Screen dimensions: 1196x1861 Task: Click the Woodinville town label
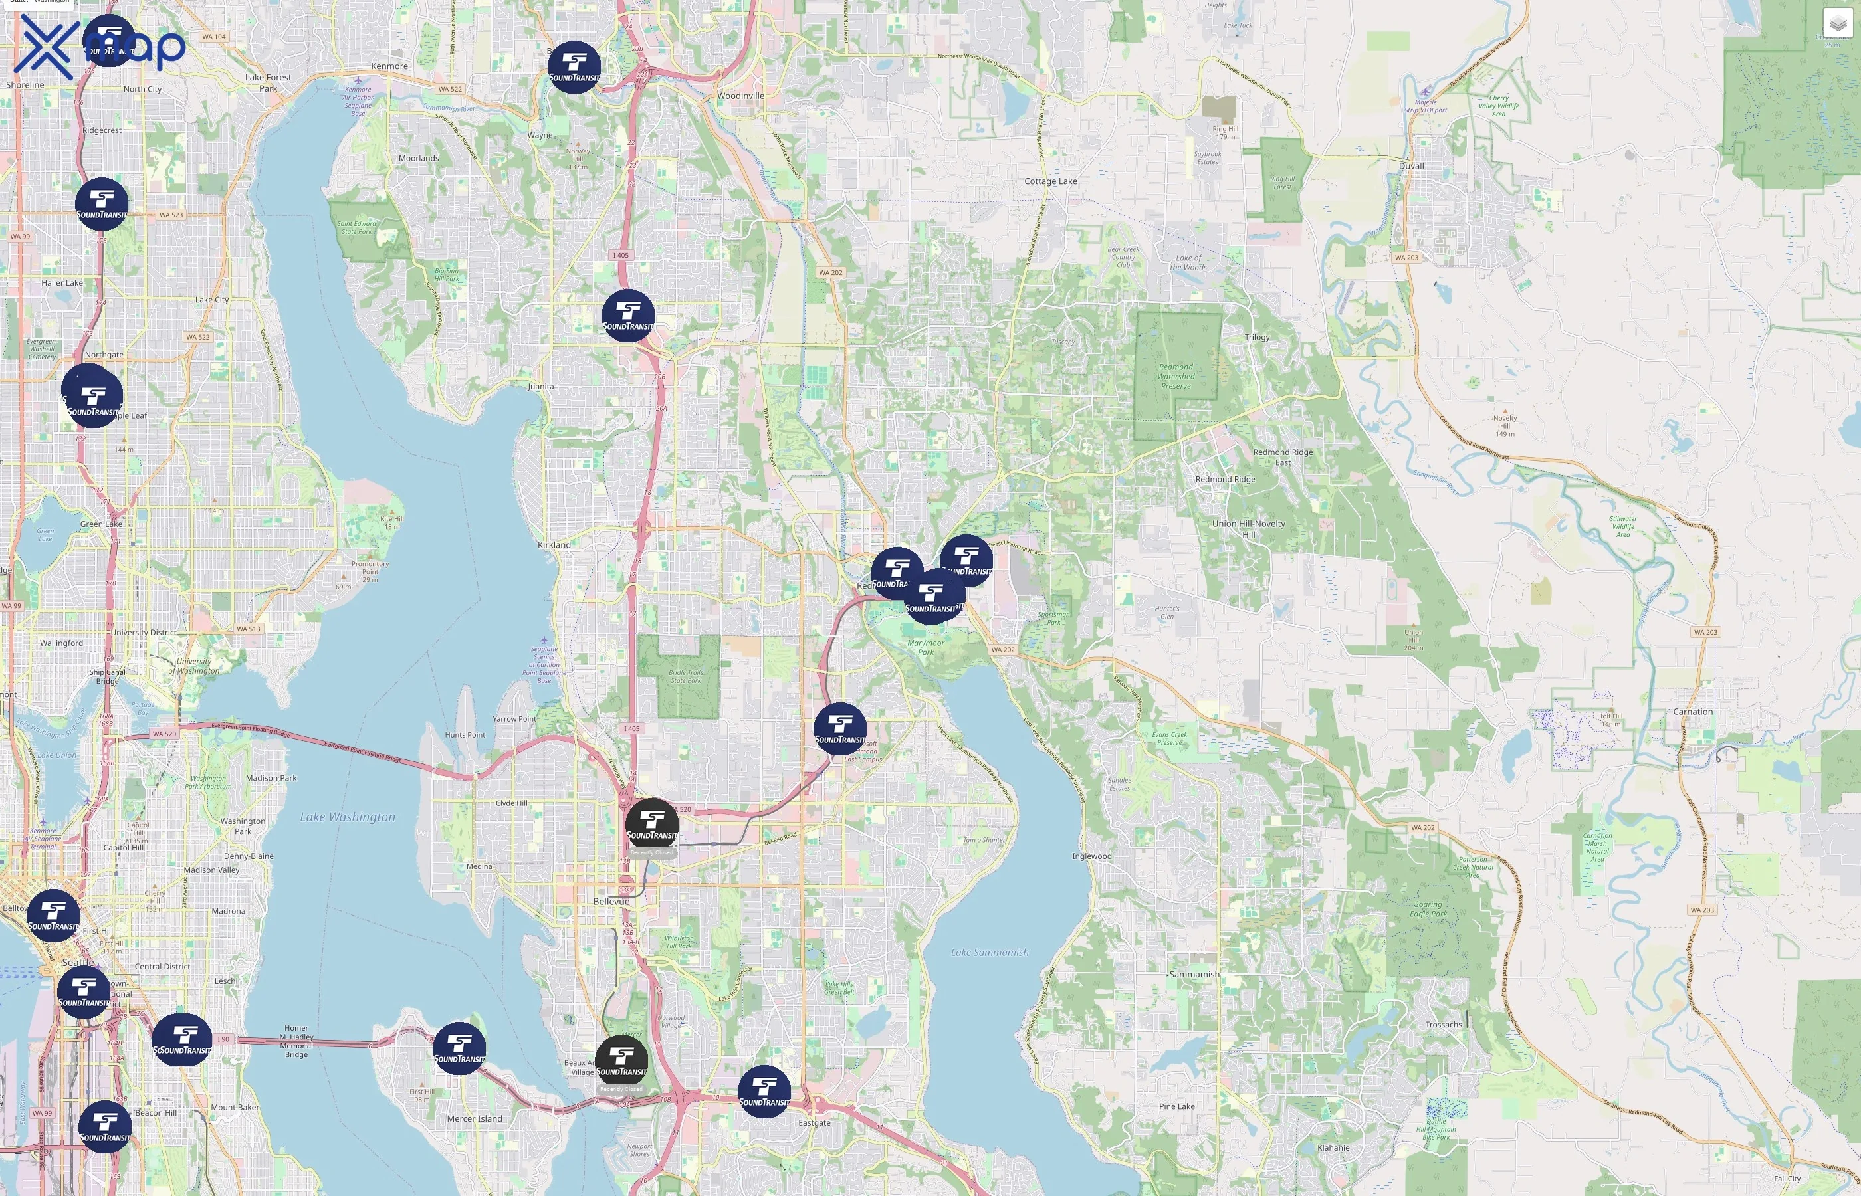coord(740,96)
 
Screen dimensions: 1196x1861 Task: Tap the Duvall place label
coord(1410,166)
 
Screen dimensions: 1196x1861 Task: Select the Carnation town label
coord(1692,712)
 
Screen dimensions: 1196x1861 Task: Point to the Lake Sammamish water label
coord(989,952)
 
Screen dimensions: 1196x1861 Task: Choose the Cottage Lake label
coord(1050,181)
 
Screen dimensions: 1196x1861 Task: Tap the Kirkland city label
coord(554,544)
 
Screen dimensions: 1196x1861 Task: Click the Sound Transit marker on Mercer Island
coord(459,1048)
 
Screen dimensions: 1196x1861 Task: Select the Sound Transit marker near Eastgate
coord(764,1092)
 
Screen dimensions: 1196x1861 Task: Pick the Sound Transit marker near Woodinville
coord(574,68)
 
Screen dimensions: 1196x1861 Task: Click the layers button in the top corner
coord(1837,23)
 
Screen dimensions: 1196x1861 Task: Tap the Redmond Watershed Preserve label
coord(1175,376)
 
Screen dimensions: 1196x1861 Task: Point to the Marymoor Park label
coord(925,647)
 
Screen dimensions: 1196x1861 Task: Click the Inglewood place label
coord(1091,856)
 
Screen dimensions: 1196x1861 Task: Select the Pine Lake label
coord(1176,1106)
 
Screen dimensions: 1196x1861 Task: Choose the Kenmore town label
coord(389,66)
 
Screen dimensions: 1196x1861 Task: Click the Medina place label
coord(479,866)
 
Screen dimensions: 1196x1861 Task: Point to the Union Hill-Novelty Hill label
coord(1248,528)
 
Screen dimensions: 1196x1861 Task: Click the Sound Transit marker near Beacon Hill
coord(105,1127)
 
